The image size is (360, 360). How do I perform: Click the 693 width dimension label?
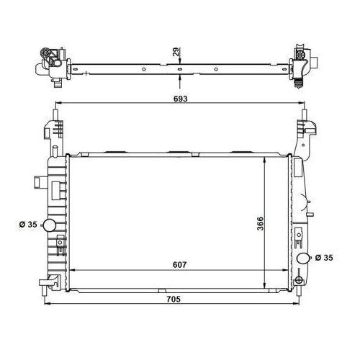point(179,98)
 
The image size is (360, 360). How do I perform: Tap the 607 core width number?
point(179,265)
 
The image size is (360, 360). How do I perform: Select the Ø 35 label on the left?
point(27,225)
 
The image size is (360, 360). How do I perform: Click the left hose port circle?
point(50,225)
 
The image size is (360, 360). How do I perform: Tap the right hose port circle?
point(301,258)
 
